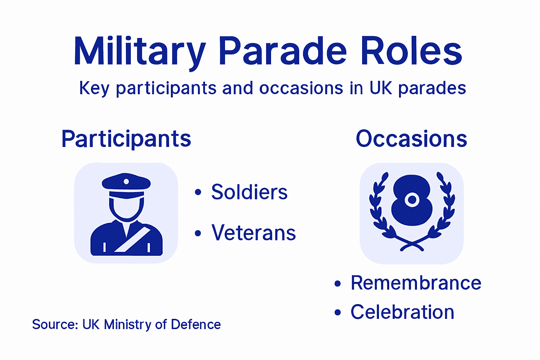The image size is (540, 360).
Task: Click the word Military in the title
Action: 139,52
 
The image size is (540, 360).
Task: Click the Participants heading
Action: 126,139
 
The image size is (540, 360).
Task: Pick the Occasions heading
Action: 411,139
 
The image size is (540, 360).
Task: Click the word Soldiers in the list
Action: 249,192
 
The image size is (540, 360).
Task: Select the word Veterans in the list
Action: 253,233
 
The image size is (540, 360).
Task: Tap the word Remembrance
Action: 416,283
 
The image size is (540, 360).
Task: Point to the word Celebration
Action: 402,312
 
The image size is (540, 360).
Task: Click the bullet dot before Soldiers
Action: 198,192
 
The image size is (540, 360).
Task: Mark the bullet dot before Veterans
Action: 198,233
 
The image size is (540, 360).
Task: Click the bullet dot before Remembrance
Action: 337,283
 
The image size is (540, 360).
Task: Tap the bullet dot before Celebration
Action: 337,312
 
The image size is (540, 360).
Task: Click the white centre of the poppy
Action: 412,200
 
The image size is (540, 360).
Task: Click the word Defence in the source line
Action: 196,324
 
